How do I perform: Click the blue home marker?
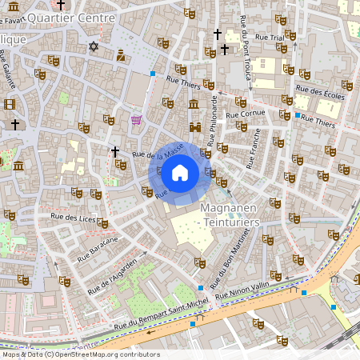point(180,172)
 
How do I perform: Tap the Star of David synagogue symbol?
point(94,46)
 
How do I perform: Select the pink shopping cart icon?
point(136,120)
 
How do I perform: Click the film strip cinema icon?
point(9,104)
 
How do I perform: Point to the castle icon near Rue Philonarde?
point(194,126)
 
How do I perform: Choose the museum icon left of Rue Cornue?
point(194,105)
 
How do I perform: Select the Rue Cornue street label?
point(246,114)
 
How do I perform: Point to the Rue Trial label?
point(266,37)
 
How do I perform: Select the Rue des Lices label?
point(74,217)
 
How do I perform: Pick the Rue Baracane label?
point(98,249)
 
